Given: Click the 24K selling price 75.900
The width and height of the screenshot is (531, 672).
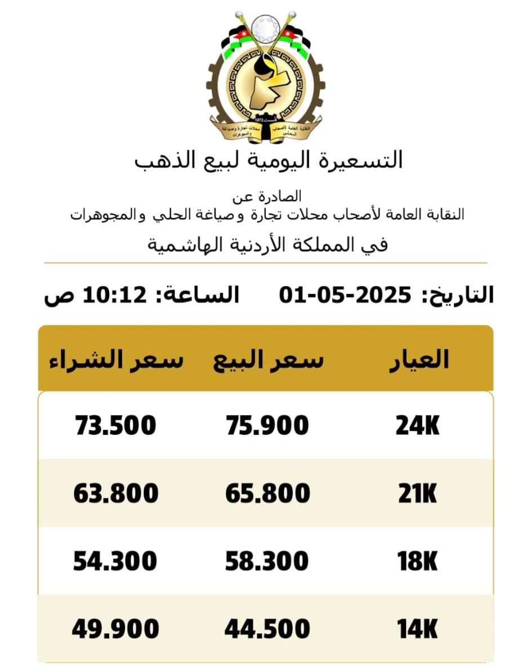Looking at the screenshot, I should point(267,425).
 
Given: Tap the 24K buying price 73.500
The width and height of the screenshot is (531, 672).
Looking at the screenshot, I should point(115,425).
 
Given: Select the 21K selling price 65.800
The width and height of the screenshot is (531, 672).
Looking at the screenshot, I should point(267,494).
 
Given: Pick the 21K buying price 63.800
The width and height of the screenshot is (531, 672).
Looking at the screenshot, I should point(115,494).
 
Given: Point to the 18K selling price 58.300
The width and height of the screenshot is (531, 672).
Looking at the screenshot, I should point(267,562).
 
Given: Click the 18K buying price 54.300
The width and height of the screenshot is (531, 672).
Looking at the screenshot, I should point(115,562).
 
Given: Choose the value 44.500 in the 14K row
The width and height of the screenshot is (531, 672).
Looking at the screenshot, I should point(267,629).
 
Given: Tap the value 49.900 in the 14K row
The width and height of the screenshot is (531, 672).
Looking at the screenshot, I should point(115,629).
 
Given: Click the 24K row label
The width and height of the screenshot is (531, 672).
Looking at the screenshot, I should point(417,426).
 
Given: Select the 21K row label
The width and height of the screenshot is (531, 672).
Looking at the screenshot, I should point(417,494).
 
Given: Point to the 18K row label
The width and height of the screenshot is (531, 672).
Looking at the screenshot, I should point(417,562).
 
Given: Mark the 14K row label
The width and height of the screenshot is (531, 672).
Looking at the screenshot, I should point(417,629).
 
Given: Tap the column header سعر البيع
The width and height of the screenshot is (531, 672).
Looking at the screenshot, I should point(269,359).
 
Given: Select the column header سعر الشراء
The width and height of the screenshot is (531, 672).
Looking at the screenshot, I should point(115,359).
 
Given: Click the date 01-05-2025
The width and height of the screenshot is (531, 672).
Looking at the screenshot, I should point(345,295).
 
